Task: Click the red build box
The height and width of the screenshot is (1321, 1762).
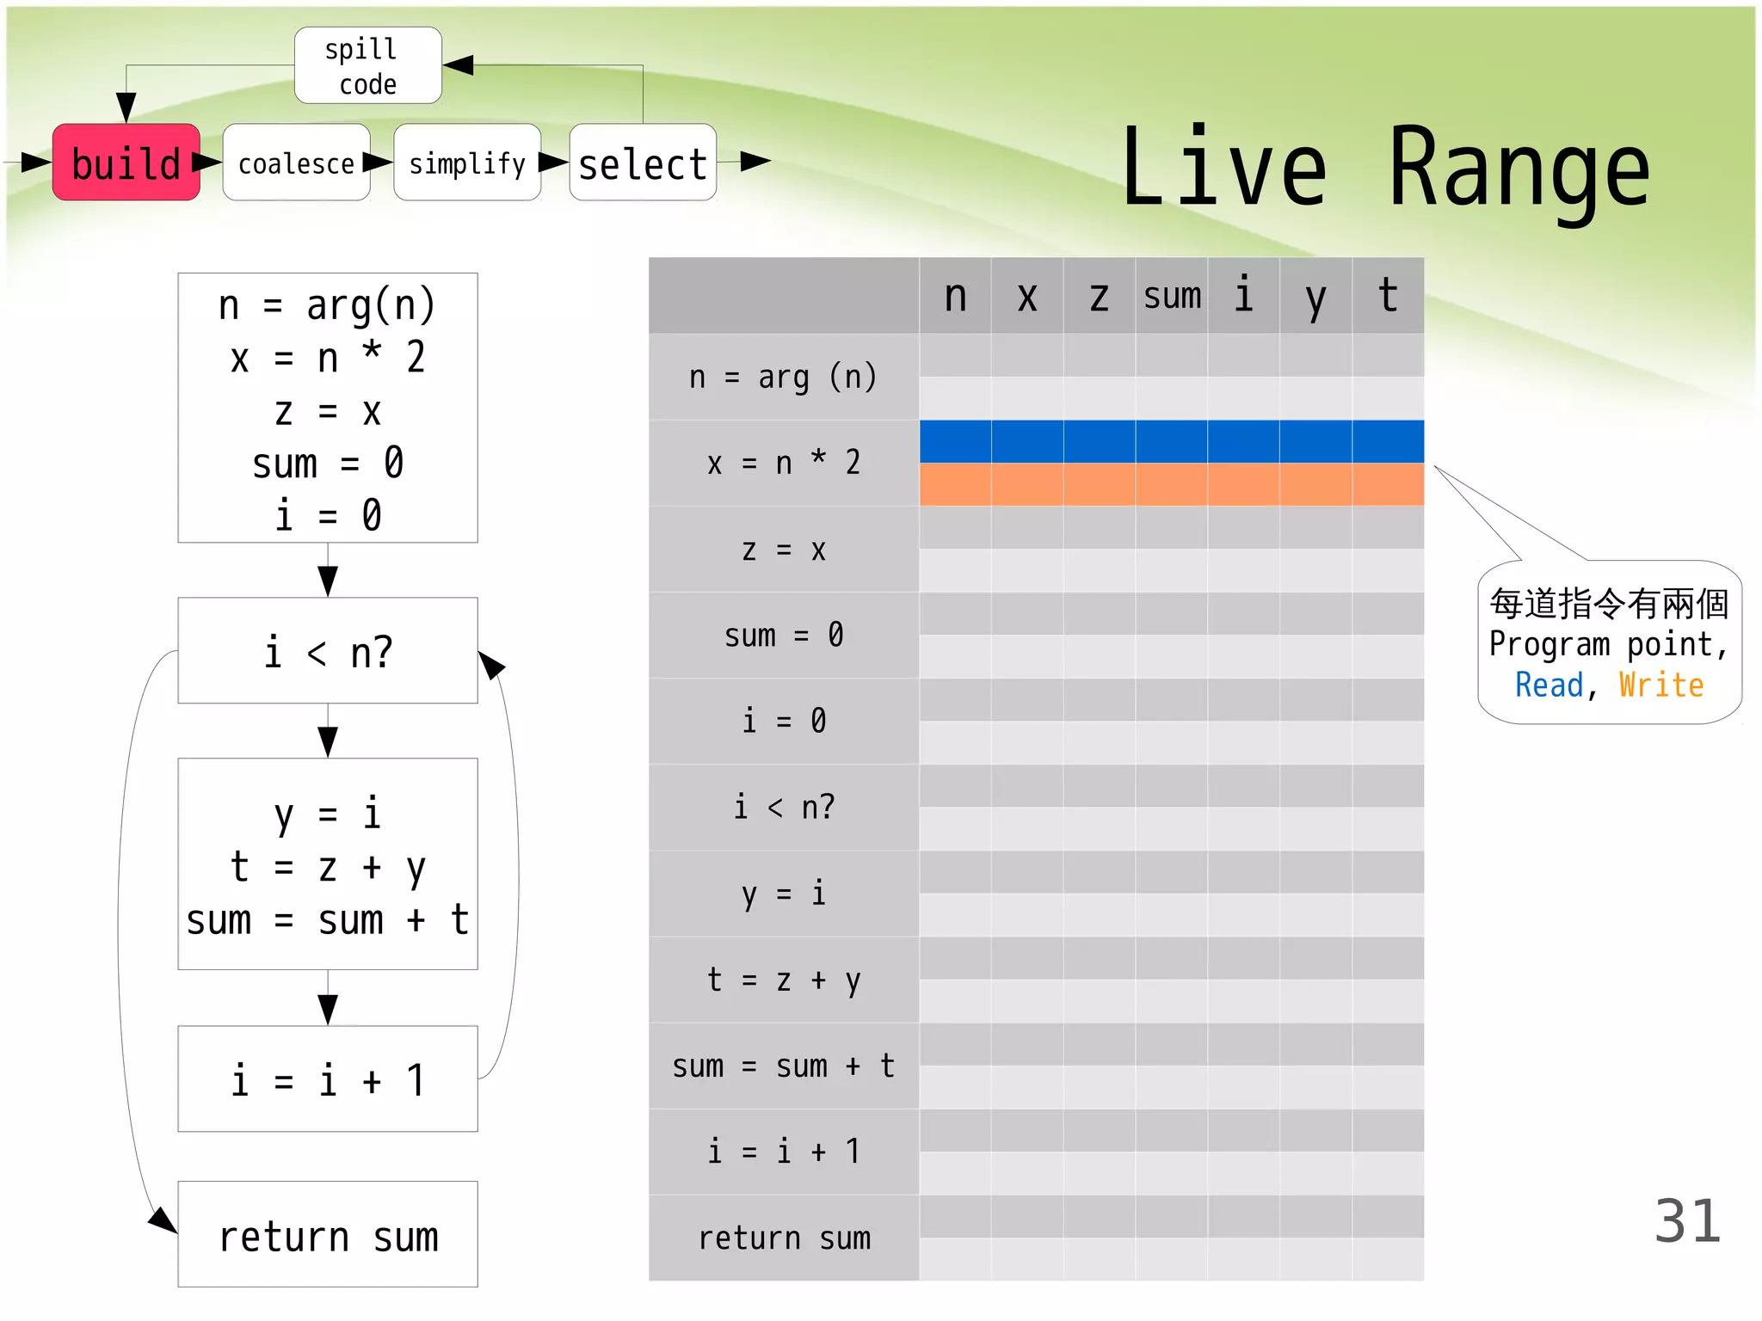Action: [x=126, y=163]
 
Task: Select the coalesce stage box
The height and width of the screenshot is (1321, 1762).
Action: [x=296, y=163]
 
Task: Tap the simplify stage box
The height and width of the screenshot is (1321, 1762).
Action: [x=467, y=163]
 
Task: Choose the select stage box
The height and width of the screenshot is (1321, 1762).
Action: [x=643, y=163]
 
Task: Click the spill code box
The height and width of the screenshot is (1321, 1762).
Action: [x=367, y=65]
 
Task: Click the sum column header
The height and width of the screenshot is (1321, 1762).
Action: [x=1172, y=296]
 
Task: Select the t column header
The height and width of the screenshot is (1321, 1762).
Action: [x=1388, y=296]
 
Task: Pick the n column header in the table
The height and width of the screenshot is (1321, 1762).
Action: [x=955, y=296]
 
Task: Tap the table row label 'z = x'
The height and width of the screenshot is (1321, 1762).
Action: [x=784, y=550]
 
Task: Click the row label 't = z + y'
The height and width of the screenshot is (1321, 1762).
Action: [x=784, y=980]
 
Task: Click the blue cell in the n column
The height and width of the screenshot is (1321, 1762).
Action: [x=955, y=441]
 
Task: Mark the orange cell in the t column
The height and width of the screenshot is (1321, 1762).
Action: [x=1388, y=484]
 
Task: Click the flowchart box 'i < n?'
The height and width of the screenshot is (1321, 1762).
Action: [x=328, y=651]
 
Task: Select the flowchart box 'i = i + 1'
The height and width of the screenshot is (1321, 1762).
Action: [x=328, y=1079]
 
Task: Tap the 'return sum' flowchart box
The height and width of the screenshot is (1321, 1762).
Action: [x=328, y=1235]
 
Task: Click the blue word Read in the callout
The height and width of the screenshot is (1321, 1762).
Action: [x=1549, y=685]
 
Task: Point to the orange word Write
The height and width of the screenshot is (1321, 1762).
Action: [x=1660, y=685]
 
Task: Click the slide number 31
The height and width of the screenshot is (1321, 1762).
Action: [x=1687, y=1221]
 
